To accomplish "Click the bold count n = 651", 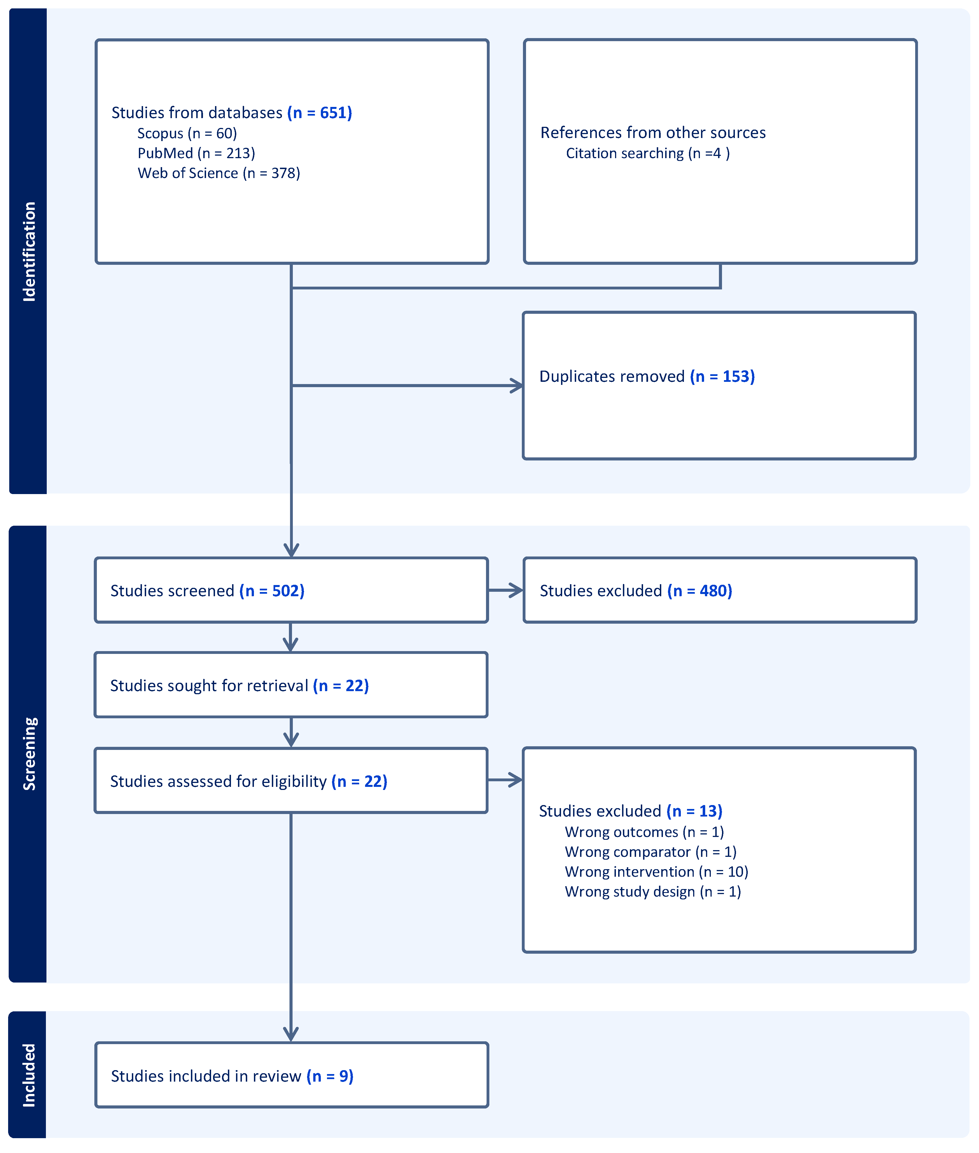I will click(x=320, y=113).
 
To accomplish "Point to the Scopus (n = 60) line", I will click(x=187, y=133).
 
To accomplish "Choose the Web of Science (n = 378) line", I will click(x=219, y=173).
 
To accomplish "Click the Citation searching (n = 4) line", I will click(x=648, y=153).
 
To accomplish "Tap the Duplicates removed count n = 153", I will click(x=723, y=376).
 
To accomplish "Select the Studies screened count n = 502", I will click(x=272, y=590).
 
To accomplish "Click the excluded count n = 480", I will click(x=700, y=590).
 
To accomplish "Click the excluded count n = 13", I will click(x=694, y=811).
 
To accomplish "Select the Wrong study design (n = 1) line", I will click(x=653, y=892).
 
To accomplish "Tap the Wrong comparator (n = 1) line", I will click(x=650, y=852).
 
